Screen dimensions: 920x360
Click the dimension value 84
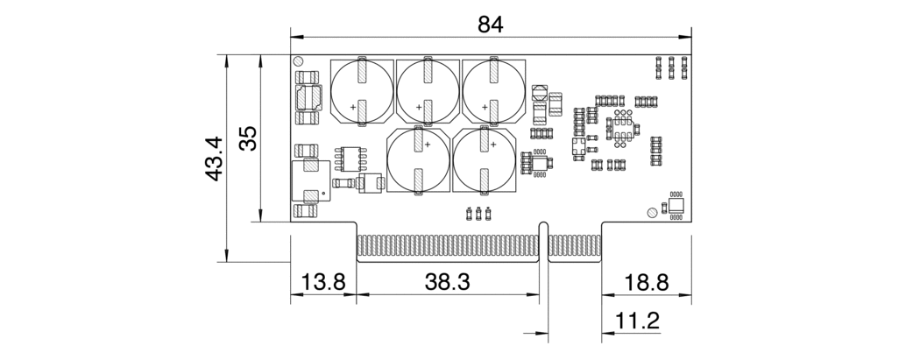[491, 25]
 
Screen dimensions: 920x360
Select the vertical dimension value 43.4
[213, 159]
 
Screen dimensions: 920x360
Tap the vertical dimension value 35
[249, 138]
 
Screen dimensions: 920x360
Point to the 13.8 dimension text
[323, 283]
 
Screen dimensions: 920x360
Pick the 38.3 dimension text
[448, 283]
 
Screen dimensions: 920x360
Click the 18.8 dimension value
[647, 283]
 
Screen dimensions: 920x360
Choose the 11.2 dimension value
[637, 321]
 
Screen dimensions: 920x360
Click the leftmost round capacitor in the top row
[362, 91]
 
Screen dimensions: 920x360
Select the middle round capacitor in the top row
[428, 91]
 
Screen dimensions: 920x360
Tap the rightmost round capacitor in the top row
[493, 91]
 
